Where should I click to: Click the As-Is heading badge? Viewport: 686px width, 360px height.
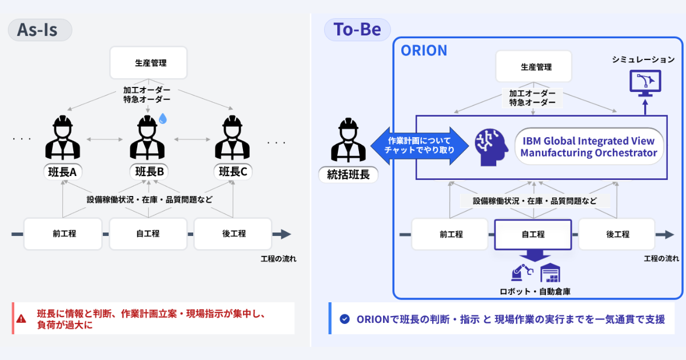(x=39, y=30)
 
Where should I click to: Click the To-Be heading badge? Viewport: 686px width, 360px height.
(x=357, y=30)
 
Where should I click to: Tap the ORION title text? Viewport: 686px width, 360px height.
(x=424, y=50)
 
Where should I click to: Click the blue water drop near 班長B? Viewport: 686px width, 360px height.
(x=163, y=118)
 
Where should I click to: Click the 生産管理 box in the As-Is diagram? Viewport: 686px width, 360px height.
(x=149, y=63)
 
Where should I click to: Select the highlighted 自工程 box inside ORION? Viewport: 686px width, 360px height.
(x=533, y=234)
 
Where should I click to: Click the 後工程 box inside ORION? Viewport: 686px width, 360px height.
(x=617, y=234)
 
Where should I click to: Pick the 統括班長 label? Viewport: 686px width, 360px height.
(x=348, y=175)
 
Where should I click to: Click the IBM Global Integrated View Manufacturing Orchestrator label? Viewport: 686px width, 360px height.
(x=589, y=146)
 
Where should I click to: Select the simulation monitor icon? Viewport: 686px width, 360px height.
(x=645, y=82)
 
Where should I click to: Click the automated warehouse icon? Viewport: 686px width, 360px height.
(x=550, y=273)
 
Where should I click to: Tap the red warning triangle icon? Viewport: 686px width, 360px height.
(x=22, y=319)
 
